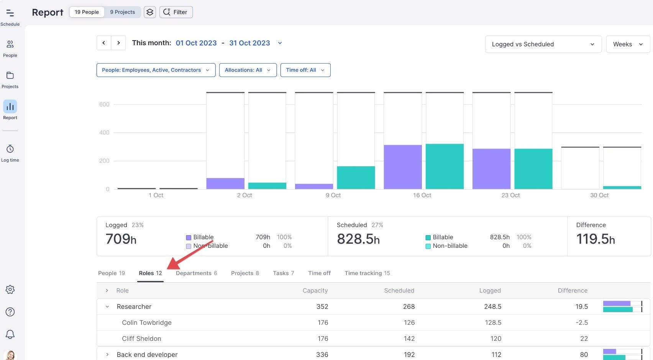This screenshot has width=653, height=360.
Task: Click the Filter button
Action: coord(176,12)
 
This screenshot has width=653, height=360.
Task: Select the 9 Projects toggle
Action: coord(122,12)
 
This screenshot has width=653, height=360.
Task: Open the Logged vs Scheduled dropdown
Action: coord(543,44)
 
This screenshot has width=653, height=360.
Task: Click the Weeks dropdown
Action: coord(627,44)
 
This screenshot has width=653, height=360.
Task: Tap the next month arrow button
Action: coord(118,43)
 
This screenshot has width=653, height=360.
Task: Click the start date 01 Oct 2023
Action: coord(196,43)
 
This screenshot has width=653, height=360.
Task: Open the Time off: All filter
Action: coord(305,70)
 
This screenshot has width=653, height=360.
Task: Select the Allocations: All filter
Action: coord(248,70)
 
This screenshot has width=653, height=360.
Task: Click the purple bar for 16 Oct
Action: coord(402,167)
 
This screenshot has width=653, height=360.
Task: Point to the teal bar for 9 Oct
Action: coord(356,177)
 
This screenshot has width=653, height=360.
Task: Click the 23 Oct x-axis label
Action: coord(510,195)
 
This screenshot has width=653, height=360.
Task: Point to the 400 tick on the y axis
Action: coord(104,133)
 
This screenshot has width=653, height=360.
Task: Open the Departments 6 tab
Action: coord(196,273)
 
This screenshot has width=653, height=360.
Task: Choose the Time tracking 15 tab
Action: coord(367,273)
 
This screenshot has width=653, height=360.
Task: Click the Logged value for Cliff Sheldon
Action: coord(495,339)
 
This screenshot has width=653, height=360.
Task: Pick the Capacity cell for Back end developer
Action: coord(322,355)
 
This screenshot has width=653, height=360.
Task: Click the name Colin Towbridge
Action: coord(146,322)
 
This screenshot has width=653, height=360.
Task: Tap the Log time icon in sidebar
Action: coord(10,149)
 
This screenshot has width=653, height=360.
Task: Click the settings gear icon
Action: coord(10,290)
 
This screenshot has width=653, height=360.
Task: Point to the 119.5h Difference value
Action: coord(595,239)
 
